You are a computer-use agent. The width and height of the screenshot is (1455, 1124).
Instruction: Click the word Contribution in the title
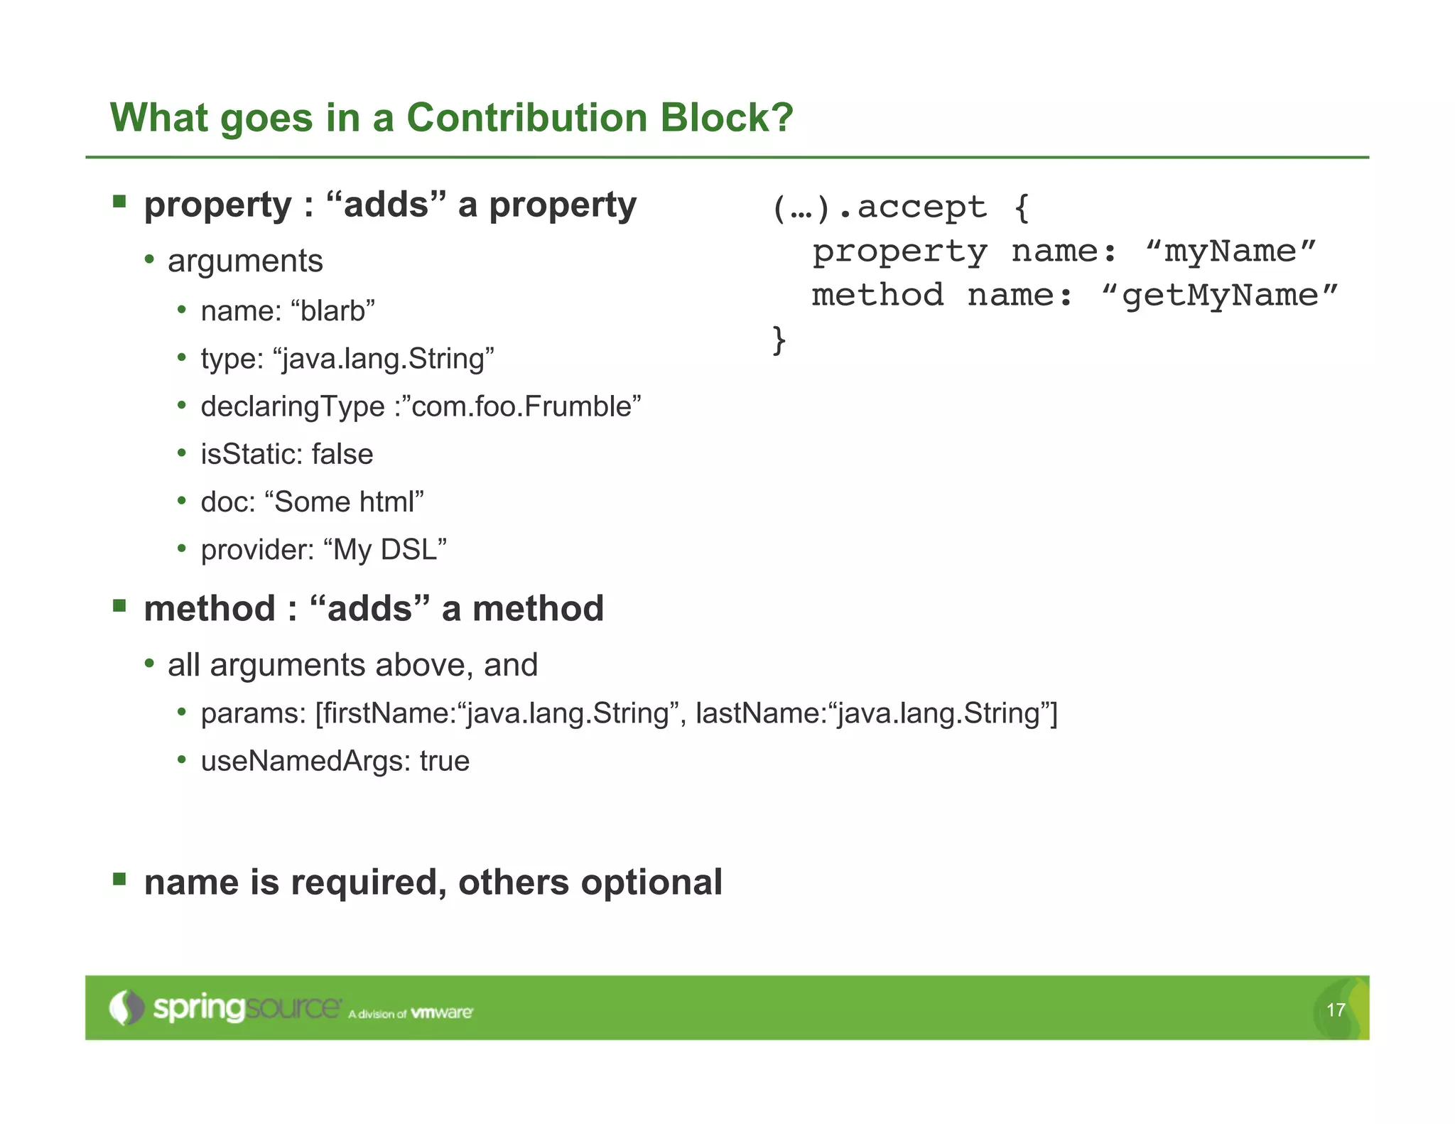pos(526,117)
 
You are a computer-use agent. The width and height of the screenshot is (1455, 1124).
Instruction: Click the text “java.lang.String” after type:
pos(383,359)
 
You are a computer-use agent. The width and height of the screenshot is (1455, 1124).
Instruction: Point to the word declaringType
pos(292,407)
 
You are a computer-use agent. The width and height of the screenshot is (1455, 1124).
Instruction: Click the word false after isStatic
pos(342,455)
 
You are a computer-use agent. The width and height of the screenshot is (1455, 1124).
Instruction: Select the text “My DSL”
pos(384,550)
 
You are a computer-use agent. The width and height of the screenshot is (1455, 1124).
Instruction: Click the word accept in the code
pos(921,207)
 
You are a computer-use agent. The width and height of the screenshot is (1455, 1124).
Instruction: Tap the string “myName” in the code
pos(1231,252)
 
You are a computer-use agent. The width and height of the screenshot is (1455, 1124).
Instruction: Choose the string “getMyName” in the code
pos(1218,296)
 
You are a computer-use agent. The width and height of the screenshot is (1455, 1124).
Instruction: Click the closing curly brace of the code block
pos(779,340)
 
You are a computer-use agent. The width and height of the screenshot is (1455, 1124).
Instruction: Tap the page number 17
pos(1335,1010)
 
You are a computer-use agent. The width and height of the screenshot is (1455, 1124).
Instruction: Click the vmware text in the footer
pos(441,1012)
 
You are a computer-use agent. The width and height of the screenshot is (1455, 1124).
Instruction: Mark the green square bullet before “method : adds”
pos(119,606)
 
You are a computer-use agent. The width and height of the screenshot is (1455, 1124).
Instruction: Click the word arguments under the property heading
pos(245,261)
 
